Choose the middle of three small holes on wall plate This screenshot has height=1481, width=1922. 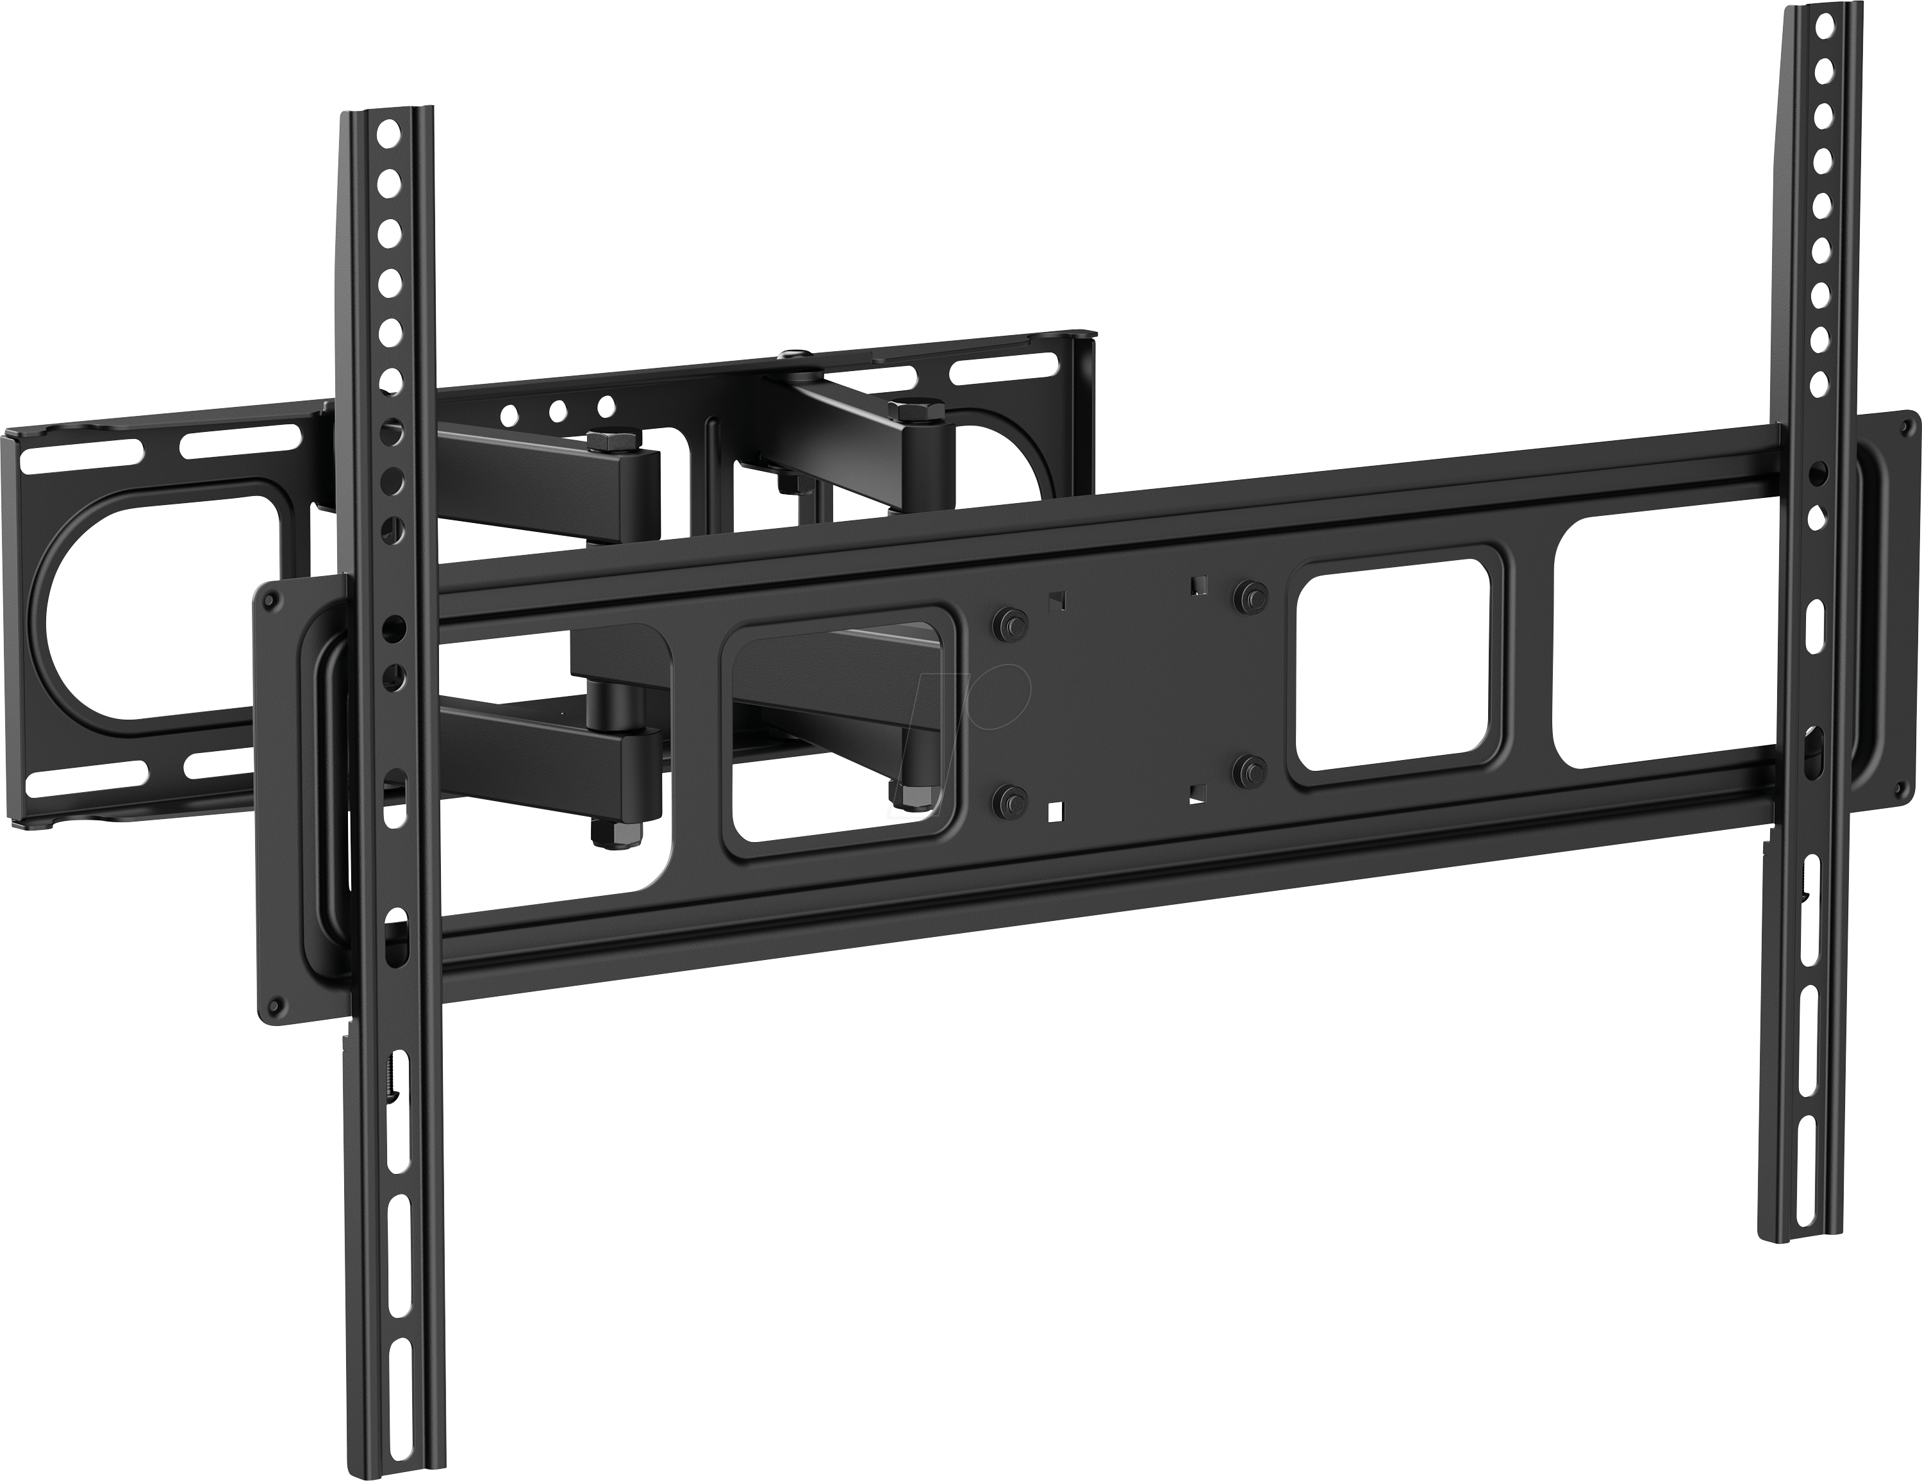click(556, 410)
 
